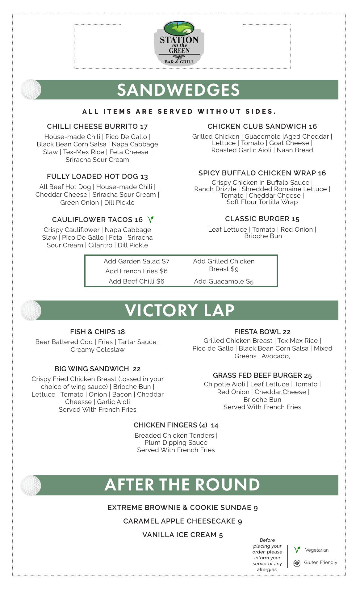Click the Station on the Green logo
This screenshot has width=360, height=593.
coord(179,44)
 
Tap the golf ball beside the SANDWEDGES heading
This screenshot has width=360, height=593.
coord(31,90)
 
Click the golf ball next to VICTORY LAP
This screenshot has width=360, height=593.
coord(31,310)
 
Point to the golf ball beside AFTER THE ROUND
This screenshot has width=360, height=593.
coord(31,485)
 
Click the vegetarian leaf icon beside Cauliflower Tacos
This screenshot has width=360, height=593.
coord(151,220)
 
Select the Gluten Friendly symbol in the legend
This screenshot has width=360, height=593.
coord(297,563)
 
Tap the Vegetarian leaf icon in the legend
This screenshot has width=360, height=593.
coord(297,550)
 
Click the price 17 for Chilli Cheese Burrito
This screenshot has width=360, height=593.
coord(144,127)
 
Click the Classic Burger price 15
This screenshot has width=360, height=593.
coord(295,219)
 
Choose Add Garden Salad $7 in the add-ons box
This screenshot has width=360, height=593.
coord(136,261)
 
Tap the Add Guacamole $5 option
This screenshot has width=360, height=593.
coord(224,281)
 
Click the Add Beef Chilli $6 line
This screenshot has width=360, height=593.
coord(136,281)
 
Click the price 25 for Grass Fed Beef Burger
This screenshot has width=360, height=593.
coord(308,376)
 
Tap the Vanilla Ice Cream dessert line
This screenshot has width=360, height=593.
coord(182,535)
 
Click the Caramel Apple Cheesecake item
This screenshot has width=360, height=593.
coord(182,521)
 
